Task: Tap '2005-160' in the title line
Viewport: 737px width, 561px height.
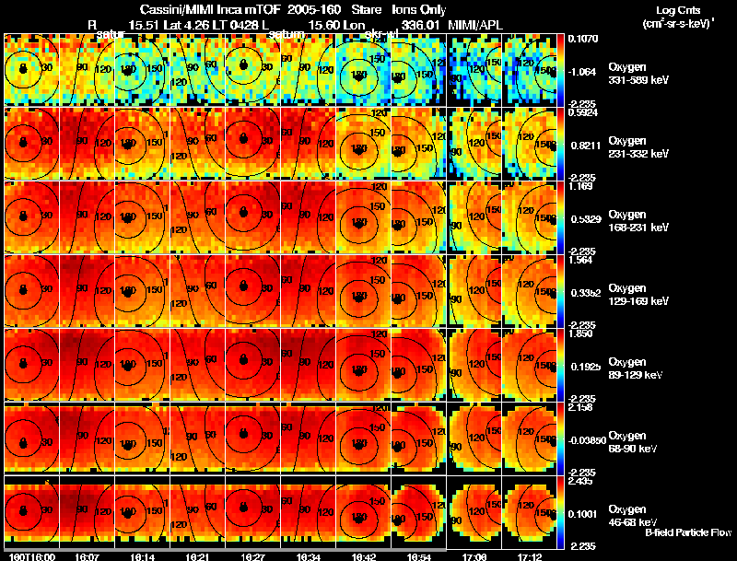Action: point(310,6)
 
